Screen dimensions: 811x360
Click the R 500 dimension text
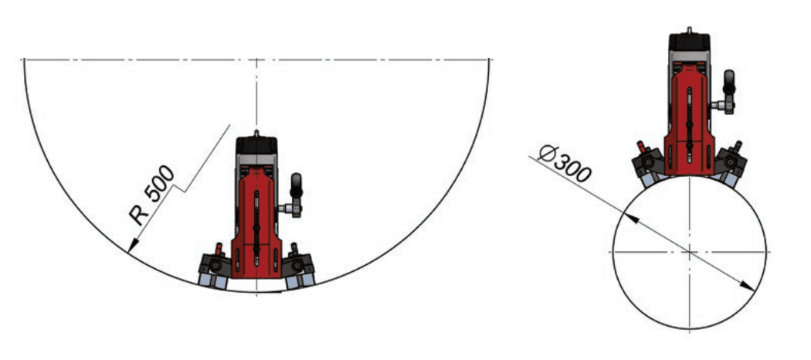pyautogui.click(x=153, y=195)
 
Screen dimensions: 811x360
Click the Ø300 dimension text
pyautogui.click(x=565, y=164)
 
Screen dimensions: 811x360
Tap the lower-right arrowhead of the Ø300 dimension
pyautogui.click(x=748, y=286)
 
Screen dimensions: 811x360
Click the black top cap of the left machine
pyautogui.click(x=256, y=145)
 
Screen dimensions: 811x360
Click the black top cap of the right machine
pyautogui.click(x=689, y=42)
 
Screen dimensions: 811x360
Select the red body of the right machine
pyautogui.click(x=689, y=120)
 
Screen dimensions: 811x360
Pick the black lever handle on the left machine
pyautogui.click(x=297, y=185)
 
